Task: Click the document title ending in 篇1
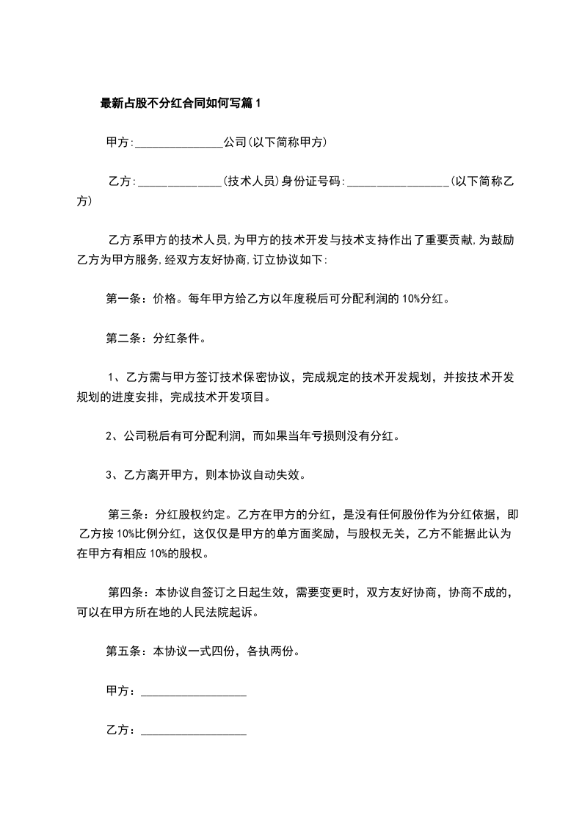(x=180, y=104)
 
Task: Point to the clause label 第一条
(x=123, y=299)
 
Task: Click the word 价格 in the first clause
(x=164, y=299)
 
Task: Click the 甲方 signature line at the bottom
(x=193, y=693)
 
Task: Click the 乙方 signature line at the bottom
(x=193, y=731)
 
